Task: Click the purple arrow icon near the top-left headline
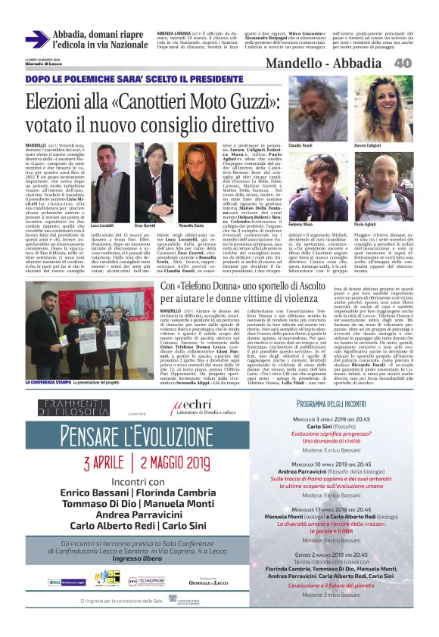point(36,39)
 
